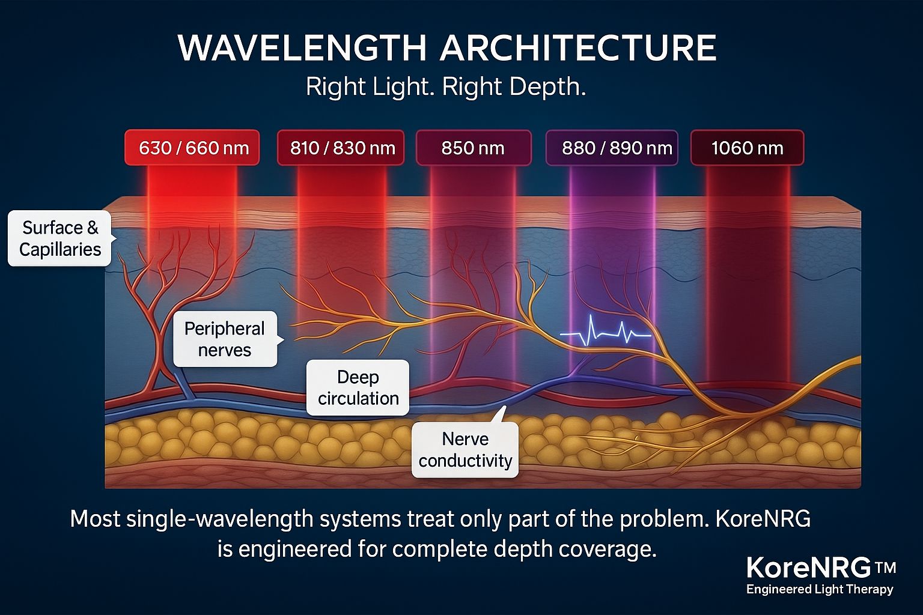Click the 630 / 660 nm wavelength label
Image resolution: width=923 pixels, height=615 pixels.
[x=192, y=148]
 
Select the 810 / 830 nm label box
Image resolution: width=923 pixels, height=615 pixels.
[x=341, y=148]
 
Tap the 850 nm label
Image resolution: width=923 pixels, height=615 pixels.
[x=474, y=148]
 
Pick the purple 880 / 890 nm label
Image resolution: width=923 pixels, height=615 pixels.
[x=612, y=148]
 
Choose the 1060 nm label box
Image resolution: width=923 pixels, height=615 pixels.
[x=748, y=148]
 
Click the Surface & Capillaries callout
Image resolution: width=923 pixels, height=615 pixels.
[x=60, y=238]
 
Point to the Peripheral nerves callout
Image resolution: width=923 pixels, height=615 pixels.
[x=225, y=339]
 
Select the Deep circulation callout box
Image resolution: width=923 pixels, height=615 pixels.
[x=358, y=387]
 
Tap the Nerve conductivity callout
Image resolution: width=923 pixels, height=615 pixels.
[x=465, y=449]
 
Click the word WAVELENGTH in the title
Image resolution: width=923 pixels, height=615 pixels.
[x=302, y=48]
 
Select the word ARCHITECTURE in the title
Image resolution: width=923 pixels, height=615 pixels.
[x=579, y=48]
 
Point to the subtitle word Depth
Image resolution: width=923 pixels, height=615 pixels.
[x=547, y=88]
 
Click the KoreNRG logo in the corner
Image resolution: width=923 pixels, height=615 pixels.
[x=809, y=568]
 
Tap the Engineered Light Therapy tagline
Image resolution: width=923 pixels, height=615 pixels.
[x=820, y=589]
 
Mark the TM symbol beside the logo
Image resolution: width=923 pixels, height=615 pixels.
[x=885, y=568]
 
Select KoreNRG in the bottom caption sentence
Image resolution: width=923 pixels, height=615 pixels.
[x=763, y=519]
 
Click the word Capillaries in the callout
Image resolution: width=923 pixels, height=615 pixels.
[x=60, y=250]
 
